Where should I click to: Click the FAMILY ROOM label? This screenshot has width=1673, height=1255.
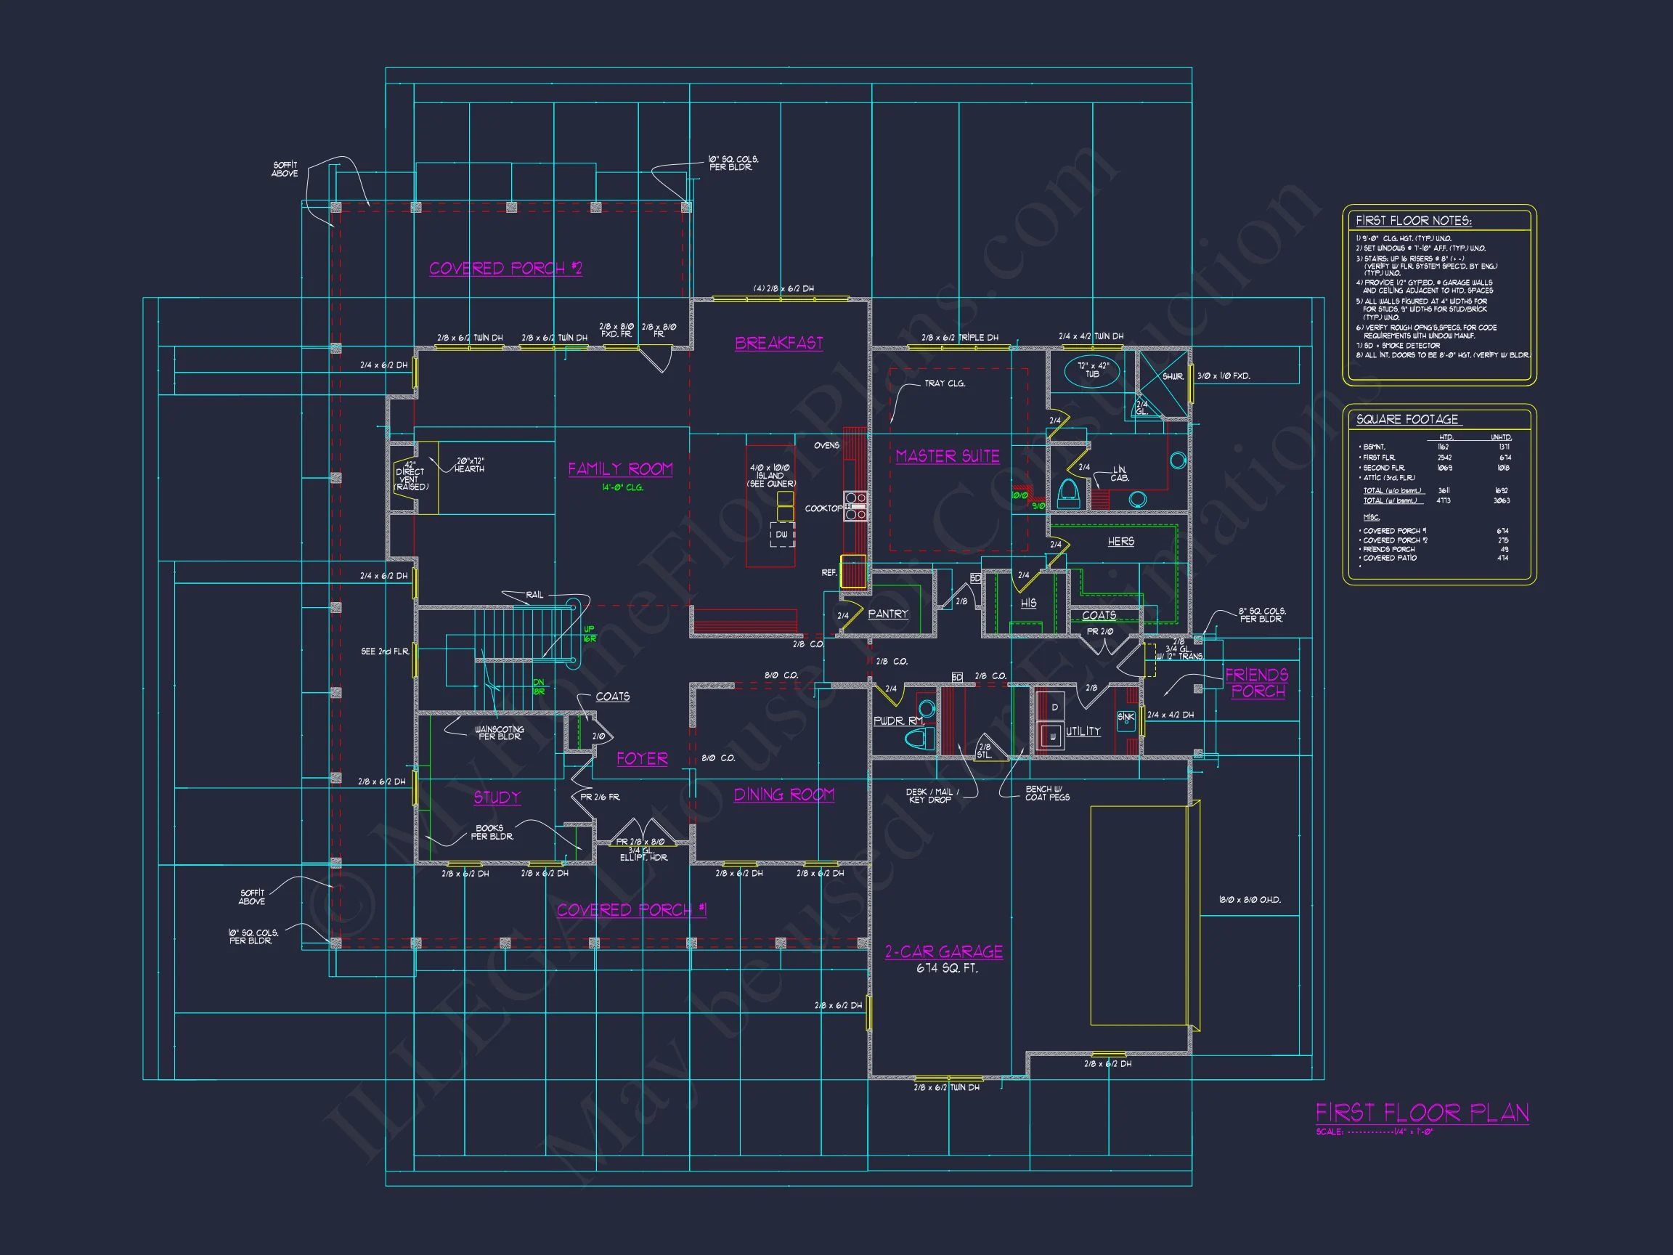pyautogui.click(x=620, y=469)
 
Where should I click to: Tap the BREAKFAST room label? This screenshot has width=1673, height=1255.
pyautogui.click(x=779, y=343)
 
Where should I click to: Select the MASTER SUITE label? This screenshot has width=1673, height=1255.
pyautogui.click(x=948, y=456)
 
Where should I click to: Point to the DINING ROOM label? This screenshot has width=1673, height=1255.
pyautogui.click(x=784, y=795)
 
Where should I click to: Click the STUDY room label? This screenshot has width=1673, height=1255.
pyautogui.click(x=497, y=797)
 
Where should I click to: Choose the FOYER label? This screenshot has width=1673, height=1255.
pyautogui.click(x=642, y=759)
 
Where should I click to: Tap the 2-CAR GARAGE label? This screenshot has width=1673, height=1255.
pyautogui.click(x=944, y=951)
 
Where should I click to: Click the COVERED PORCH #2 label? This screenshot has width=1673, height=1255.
pyautogui.click(x=505, y=269)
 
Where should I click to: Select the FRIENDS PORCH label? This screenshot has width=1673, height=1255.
pyautogui.click(x=1257, y=683)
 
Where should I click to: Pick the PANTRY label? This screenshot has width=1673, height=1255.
pyautogui.click(x=888, y=614)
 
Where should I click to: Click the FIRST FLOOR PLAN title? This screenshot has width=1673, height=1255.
pyautogui.click(x=1422, y=1113)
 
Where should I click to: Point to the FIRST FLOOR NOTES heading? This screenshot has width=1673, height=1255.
pyautogui.click(x=1413, y=221)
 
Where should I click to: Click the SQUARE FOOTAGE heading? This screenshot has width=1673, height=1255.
pyautogui.click(x=1407, y=419)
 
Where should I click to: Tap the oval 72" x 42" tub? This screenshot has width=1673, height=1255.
pyautogui.click(x=1092, y=370)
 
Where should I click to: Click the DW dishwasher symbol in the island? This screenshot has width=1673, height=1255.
pyautogui.click(x=782, y=534)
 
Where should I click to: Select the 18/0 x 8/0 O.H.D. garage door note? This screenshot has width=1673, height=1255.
pyautogui.click(x=1250, y=900)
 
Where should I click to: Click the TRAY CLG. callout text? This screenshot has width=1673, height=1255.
pyautogui.click(x=945, y=383)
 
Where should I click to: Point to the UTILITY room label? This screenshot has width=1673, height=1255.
pyautogui.click(x=1083, y=731)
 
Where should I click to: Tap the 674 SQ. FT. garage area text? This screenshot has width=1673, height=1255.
pyautogui.click(x=947, y=968)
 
